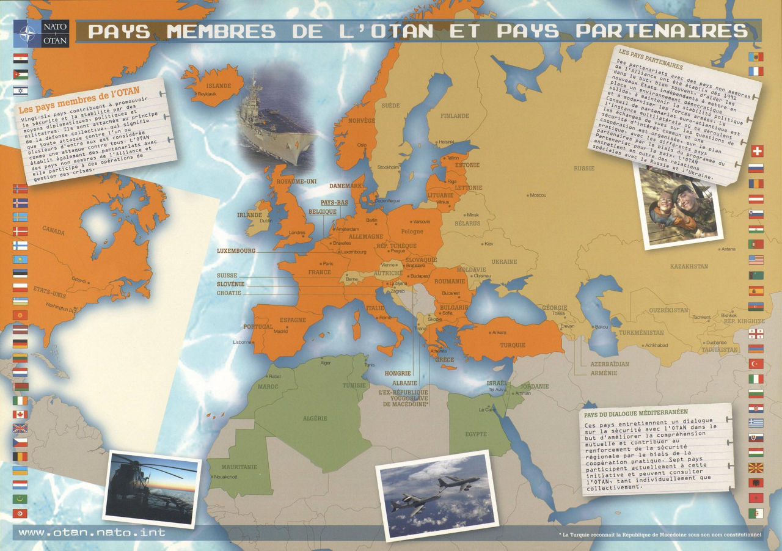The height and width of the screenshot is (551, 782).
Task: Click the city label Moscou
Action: pos(538,195)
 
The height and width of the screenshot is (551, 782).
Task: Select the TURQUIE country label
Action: pos(513,345)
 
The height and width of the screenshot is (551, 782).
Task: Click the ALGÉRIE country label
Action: pos(315,418)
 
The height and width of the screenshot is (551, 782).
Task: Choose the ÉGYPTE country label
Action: pos(475,434)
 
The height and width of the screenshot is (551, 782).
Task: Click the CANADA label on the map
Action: pos(53,230)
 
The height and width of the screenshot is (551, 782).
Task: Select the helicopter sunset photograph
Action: pos(152,488)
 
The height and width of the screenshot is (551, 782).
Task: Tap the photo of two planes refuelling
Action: pos(434,495)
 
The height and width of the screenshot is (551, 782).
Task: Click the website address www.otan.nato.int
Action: pos(92,532)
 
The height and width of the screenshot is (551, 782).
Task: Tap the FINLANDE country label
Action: pos(455,115)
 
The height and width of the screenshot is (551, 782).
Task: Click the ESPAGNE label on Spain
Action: pos(292,319)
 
